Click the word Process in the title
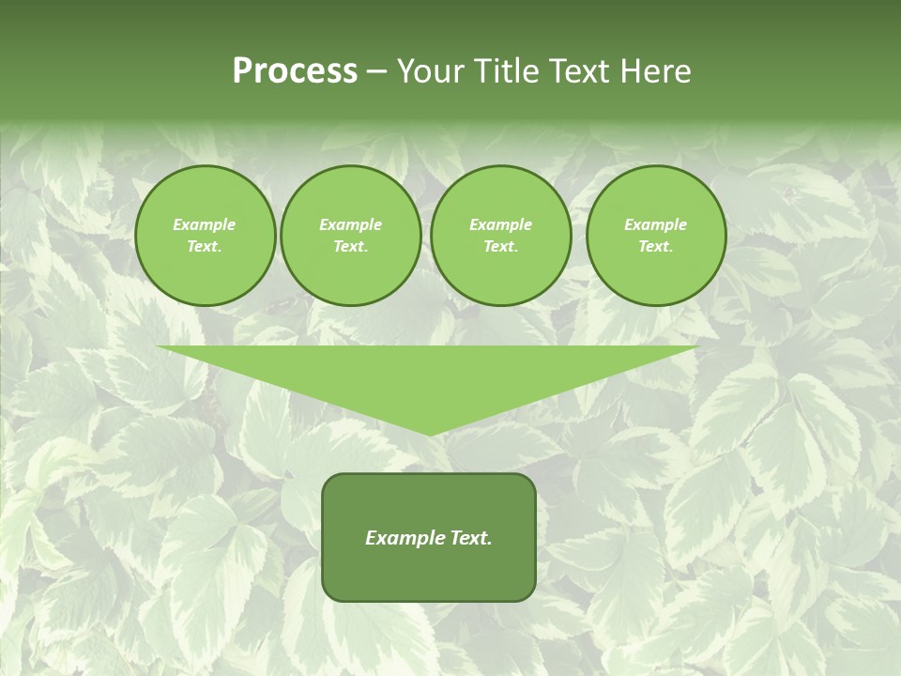click(x=295, y=71)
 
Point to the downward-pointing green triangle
click(x=428, y=376)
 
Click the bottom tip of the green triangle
click(x=429, y=433)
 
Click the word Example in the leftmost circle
click(x=205, y=225)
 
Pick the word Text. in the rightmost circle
click(x=655, y=247)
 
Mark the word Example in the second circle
click(x=350, y=225)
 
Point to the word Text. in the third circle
click(x=500, y=247)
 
